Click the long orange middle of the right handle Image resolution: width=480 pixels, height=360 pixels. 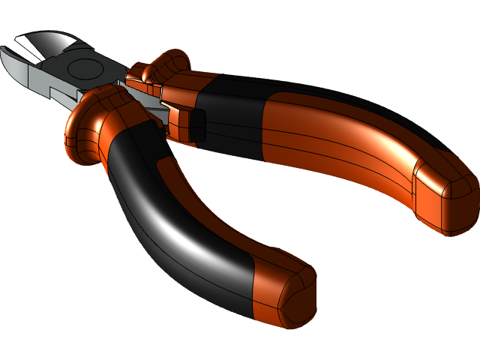pyautogui.click(x=337, y=142)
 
